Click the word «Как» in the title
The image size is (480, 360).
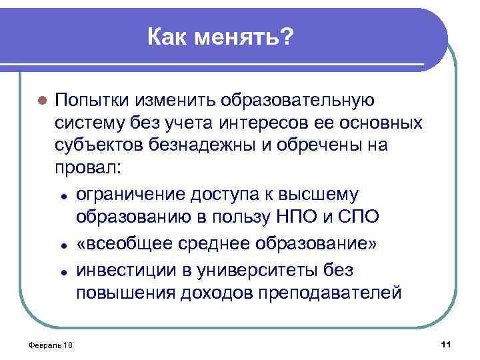167,37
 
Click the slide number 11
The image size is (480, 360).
446,343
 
